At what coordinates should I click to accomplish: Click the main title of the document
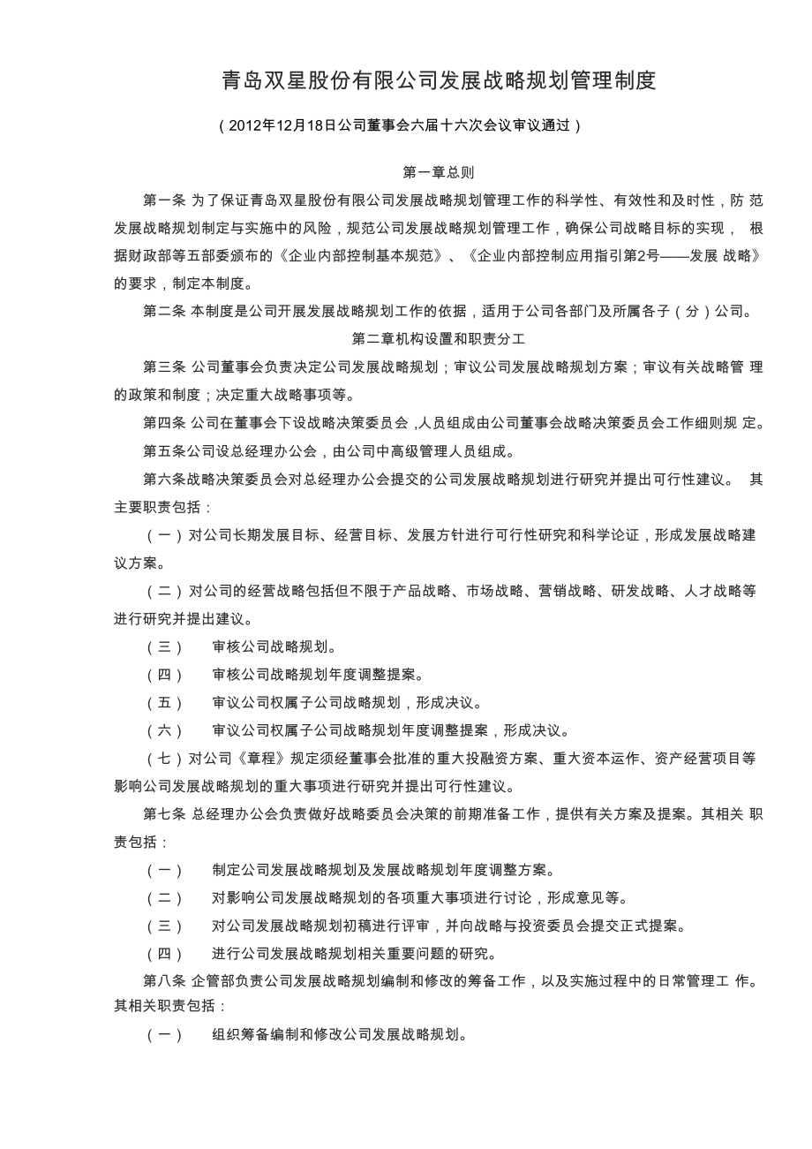[x=439, y=81]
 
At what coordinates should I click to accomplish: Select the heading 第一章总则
[x=439, y=173]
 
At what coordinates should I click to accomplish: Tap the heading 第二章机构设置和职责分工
[x=439, y=338]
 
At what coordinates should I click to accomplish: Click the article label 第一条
[x=164, y=200]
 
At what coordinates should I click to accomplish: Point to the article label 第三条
[x=164, y=367]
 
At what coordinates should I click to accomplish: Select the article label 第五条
[x=164, y=451]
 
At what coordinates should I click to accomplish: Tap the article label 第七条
[x=164, y=813]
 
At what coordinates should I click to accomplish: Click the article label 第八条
[x=164, y=982]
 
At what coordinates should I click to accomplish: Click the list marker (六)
[x=164, y=730]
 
